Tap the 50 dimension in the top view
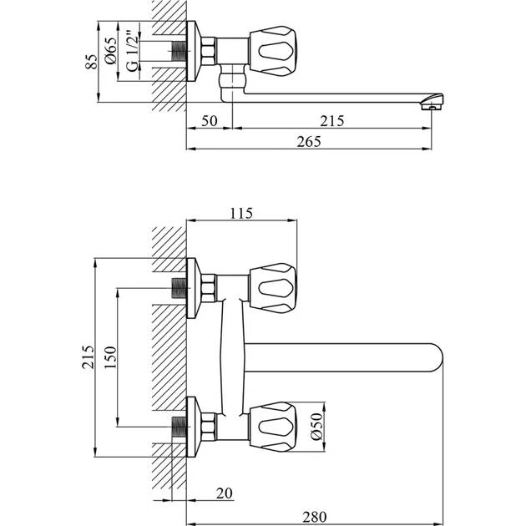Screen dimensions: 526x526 coord(209,120)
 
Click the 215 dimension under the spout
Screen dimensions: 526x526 coord(332,120)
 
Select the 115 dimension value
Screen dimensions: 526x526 coord(241,214)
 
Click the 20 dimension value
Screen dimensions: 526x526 coord(223,493)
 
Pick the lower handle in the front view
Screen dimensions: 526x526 coord(273,425)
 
